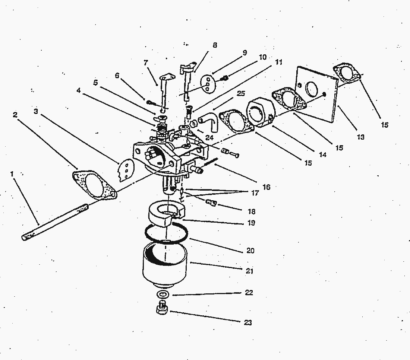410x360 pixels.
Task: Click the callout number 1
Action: pyautogui.click(x=12, y=173)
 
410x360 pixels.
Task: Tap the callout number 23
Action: pyautogui.click(x=248, y=323)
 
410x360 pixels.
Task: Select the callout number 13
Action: pyautogui.click(x=360, y=137)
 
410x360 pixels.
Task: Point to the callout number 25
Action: pyautogui.click(x=241, y=93)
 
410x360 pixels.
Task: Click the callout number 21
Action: pyautogui.click(x=250, y=271)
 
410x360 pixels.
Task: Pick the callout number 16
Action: pyautogui.click(x=266, y=187)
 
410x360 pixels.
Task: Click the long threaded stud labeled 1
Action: pyautogui.click(x=56, y=222)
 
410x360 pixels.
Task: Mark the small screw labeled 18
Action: pyautogui.click(x=212, y=203)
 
